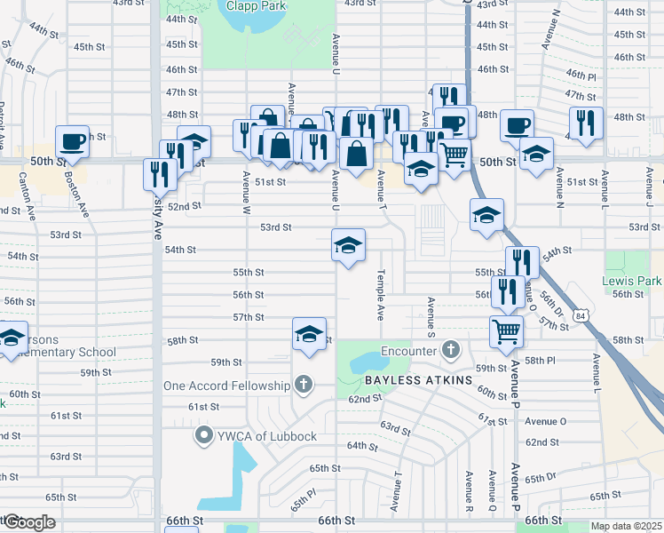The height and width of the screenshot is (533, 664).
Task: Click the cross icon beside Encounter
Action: [x=450, y=350]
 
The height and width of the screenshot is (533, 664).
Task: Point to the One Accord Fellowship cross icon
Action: [x=303, y=385]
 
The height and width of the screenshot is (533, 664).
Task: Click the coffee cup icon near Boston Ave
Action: [x=72, y=141]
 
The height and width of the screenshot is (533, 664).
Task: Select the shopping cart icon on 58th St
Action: [x=507, y=331]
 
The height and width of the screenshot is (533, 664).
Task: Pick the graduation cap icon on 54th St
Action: [x=349, y=244]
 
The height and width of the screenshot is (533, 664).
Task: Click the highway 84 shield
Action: [x=580, y=315]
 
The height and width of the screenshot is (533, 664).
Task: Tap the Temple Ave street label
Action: [x=380, y=294]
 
